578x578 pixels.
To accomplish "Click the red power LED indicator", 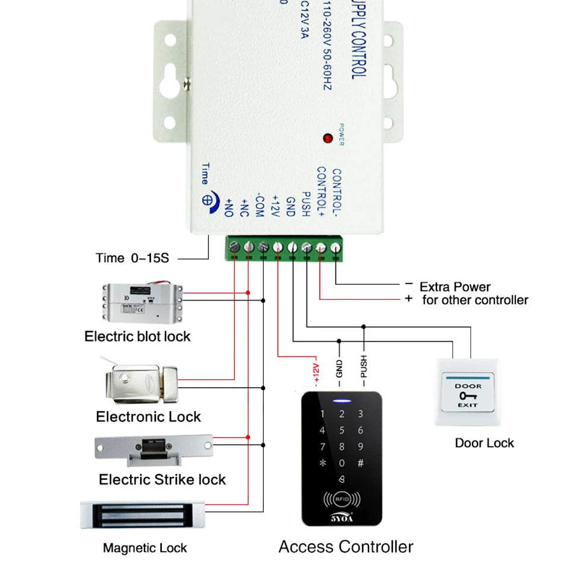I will point(328,138).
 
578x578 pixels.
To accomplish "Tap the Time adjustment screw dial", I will point(207,199).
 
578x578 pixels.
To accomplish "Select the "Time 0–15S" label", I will point(132,258).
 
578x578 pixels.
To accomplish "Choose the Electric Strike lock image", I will point(154,449).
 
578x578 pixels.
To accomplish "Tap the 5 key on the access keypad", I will point(342,430).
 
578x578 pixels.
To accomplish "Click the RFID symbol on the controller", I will point(341,499).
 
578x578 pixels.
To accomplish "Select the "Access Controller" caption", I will point(346,547).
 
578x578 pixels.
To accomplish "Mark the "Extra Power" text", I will point(455,287).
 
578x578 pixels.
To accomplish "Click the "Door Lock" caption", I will point(484,443).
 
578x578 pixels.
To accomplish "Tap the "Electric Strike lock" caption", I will point(162,480).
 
